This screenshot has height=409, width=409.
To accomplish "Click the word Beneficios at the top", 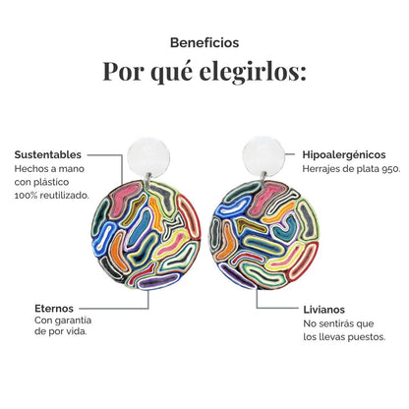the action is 204,43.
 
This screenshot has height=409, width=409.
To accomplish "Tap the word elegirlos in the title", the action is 253,72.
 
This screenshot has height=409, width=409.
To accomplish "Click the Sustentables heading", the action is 48,154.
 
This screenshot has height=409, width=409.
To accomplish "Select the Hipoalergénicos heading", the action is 344,155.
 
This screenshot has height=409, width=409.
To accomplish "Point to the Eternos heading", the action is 54,309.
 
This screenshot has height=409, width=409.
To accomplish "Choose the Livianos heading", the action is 323,310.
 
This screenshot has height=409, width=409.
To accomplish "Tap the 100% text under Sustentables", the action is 24,196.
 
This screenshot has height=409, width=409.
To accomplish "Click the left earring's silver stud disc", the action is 148,156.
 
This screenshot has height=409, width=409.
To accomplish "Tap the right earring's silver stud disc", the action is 263,155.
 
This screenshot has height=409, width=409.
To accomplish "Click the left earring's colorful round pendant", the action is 146,235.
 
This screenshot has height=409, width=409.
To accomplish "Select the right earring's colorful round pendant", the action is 264,235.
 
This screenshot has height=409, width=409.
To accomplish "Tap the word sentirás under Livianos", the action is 334,323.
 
